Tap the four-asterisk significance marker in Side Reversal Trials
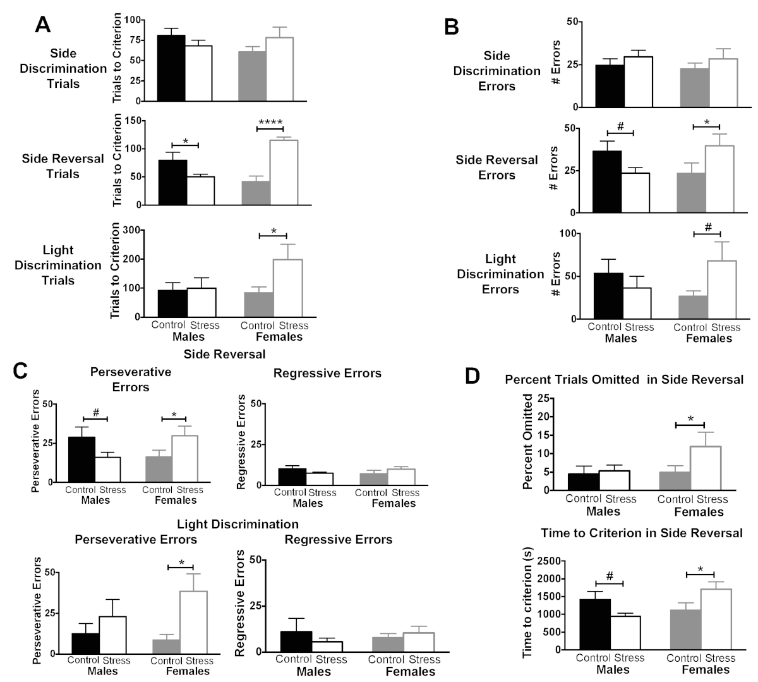pos(270,123)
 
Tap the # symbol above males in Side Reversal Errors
pos(620,126)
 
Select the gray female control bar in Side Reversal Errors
pos(691,192)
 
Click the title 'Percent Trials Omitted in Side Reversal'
pos(623,379)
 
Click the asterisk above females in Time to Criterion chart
pos(699,569)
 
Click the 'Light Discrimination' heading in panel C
pos(238,524)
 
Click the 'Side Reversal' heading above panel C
pos(224,354)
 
